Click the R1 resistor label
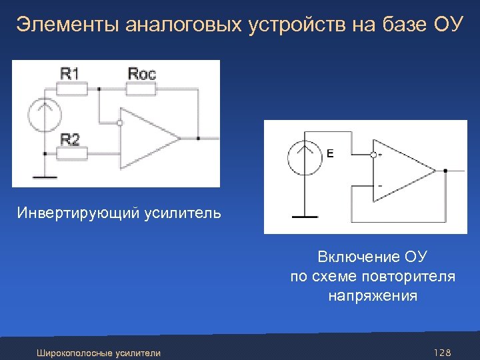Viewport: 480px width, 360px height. point(70,73)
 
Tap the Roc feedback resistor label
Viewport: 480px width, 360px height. point(141,73)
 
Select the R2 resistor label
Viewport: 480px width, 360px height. point(70,139)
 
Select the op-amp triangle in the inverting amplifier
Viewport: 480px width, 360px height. point(148,139)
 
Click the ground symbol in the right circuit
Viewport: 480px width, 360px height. point(305,216)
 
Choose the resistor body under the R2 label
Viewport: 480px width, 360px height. point(71,154)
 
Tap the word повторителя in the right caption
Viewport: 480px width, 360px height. point(411,276)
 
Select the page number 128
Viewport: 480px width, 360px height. point(442,352)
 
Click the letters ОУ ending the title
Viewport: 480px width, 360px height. point(447,25)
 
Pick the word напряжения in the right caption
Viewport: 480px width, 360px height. point(373,295)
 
